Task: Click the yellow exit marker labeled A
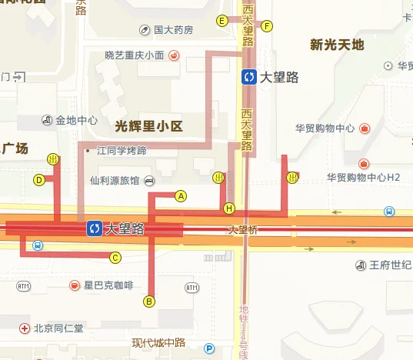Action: (x=182, y=195)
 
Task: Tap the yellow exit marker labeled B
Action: (x=150, y=301)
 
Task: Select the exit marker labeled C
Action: (x=115, y=257)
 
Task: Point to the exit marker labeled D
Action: (x=38, y=180)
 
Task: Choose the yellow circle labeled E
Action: (x=221, y=21)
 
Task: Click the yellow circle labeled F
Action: (x=267, y=26)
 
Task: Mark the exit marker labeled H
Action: (x=228, y=208)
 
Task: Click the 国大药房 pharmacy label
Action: (x=172, y=30)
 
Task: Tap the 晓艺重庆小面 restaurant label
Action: (x=135, y=55)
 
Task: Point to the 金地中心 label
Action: (x=75, y=120)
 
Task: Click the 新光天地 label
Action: (x=336, y=45)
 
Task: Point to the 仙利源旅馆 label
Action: (x=115, y=181)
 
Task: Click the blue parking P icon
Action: (x=209, y=348)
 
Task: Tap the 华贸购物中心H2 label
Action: (x=364, y=177)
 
